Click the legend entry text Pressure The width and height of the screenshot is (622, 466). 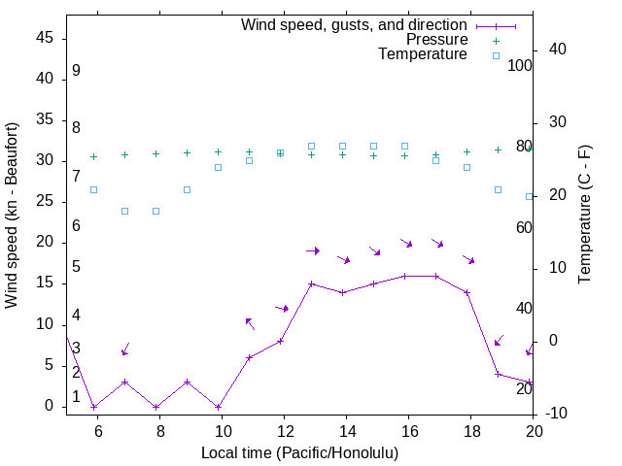(x=436, y=40)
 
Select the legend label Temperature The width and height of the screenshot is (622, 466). (x=423, y=54)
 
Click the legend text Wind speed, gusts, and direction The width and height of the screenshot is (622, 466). (x=354, y=25)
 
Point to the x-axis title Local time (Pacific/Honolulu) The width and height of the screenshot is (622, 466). (x=299, y=452)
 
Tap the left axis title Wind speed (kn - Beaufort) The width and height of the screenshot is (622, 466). (x=12, y=216)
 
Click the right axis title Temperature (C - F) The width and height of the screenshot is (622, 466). (x=584, y=215)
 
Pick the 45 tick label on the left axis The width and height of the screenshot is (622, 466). (x=44, y=38)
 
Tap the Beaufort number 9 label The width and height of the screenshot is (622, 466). (x=76, y=71)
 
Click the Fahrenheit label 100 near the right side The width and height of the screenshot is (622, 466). (x=521, y=66)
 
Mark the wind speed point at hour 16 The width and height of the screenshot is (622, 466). (x=404, y=276)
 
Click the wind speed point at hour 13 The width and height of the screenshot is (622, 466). (x=311, y=283)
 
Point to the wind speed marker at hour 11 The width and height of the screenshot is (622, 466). (x=249, y=357)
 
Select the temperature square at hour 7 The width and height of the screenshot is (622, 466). (x=124, y=211)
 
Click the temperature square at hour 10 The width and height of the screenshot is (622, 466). (x=218, y=167)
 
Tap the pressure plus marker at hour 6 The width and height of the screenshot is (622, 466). (x=93, y=156)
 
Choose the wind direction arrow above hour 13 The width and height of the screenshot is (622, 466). (x=313, y=250)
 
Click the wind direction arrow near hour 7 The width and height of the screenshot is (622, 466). (x=124, y=349)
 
